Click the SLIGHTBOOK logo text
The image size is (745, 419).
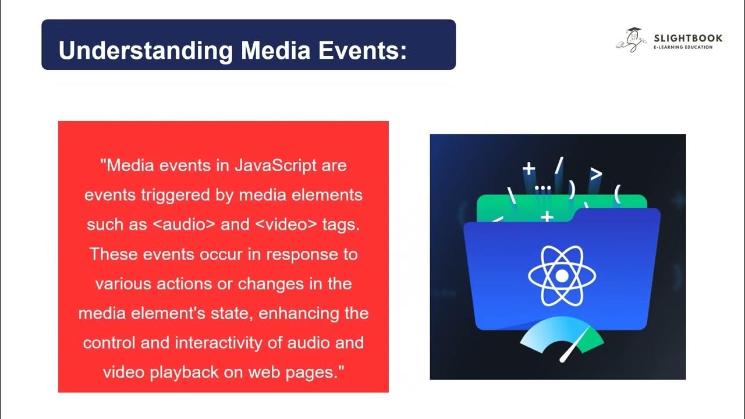click(x=688, y=38)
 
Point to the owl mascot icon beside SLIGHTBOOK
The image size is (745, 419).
click(x=632, y=40)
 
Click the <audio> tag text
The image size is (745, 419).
click(x=183, y=225)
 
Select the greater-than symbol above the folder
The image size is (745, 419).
click(x=596, y=173)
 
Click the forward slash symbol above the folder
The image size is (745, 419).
click(x=559, y=166)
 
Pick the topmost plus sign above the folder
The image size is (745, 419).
click(x=528, y=169)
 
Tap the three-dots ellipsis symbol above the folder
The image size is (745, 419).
click(x=542, y=188)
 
